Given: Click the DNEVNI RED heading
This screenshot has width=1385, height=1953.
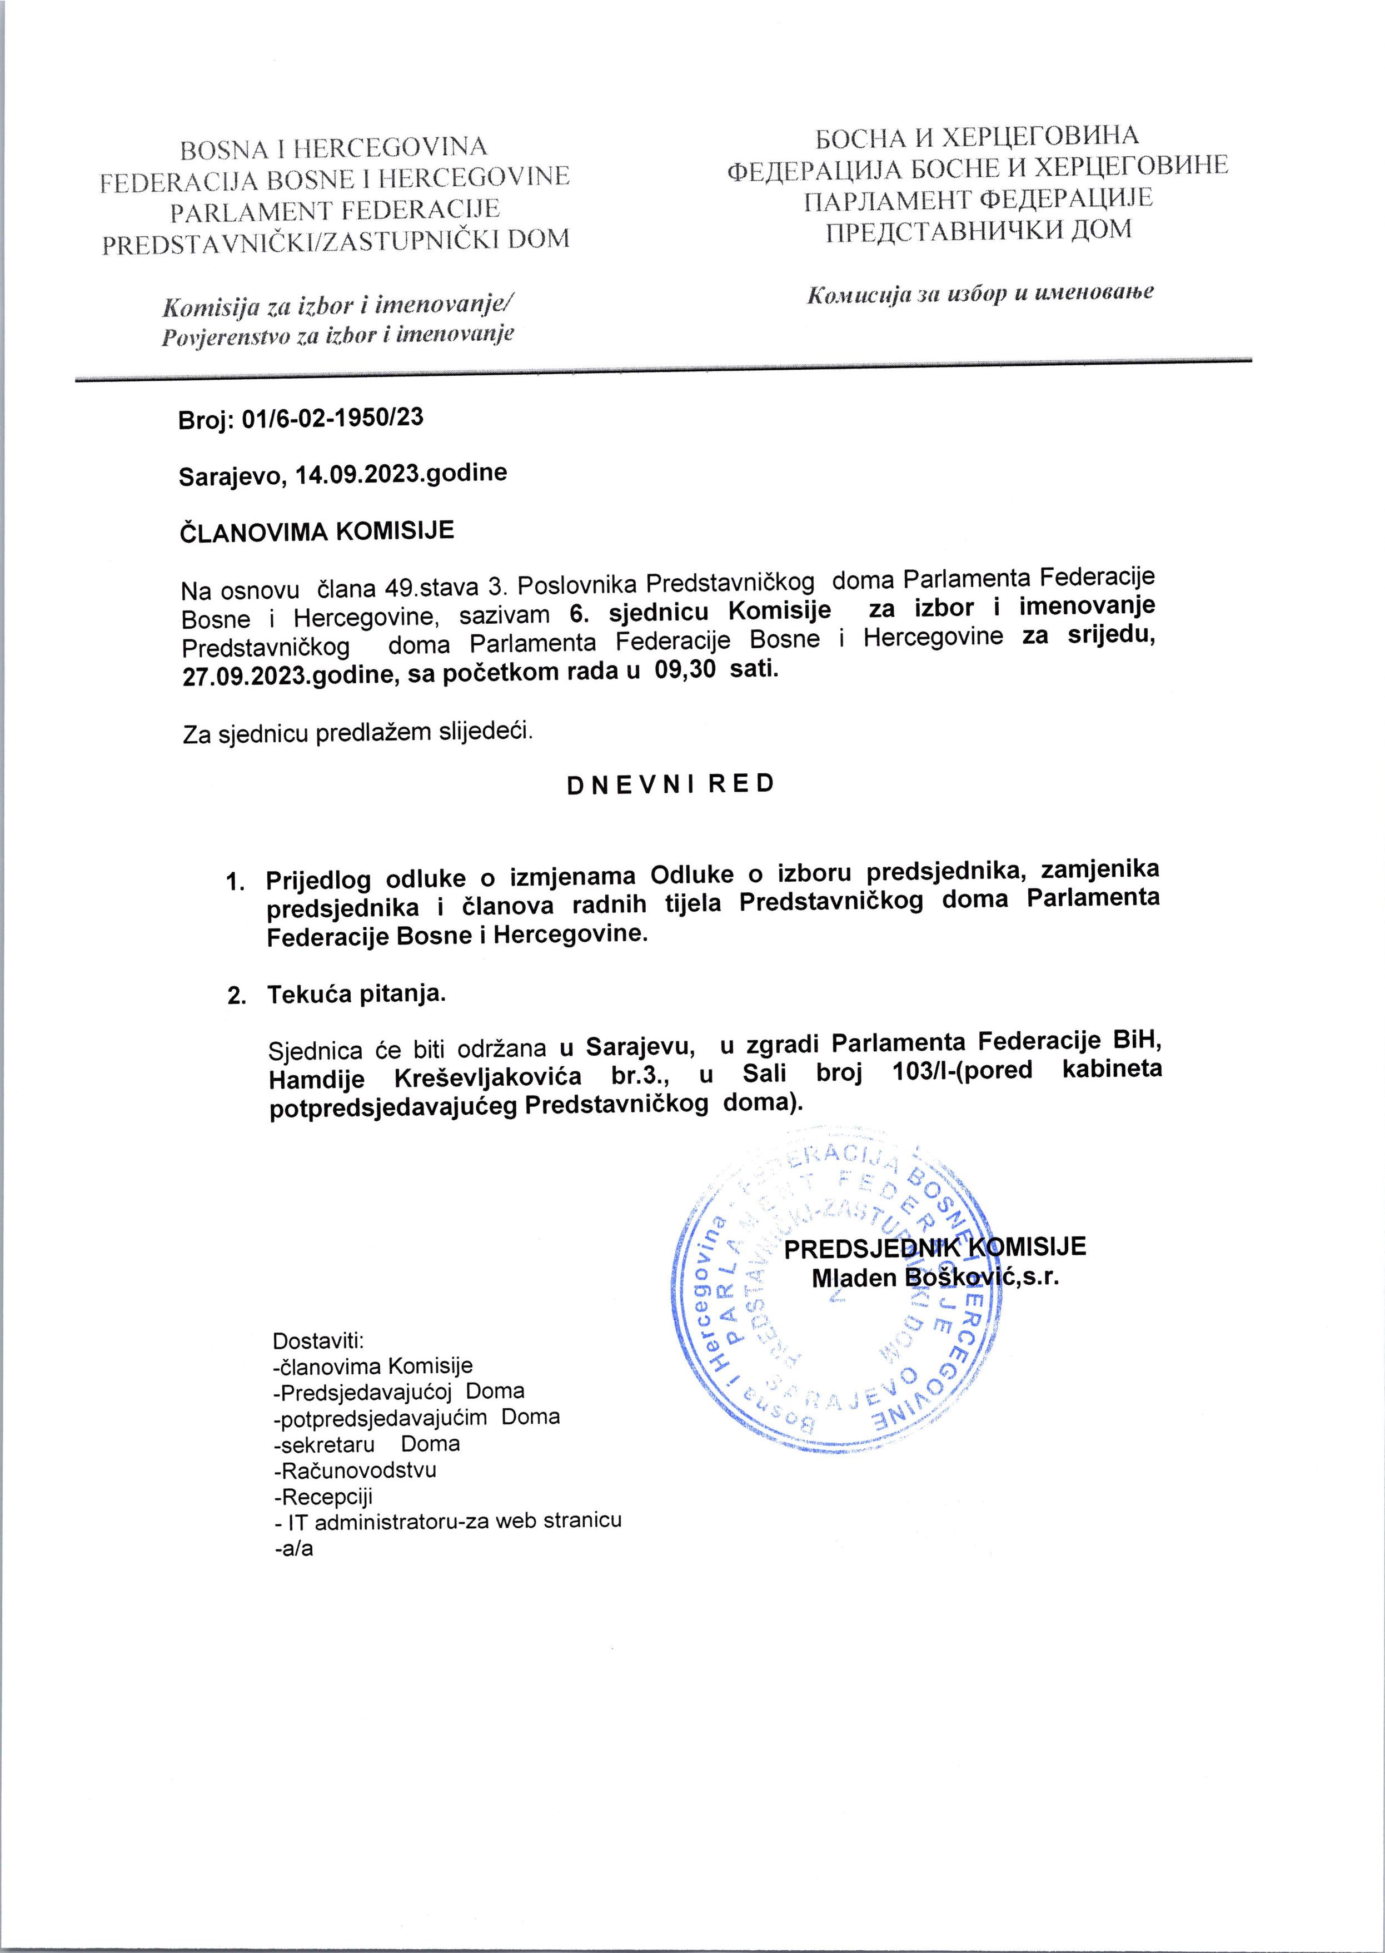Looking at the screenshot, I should [x=670, y=784].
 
